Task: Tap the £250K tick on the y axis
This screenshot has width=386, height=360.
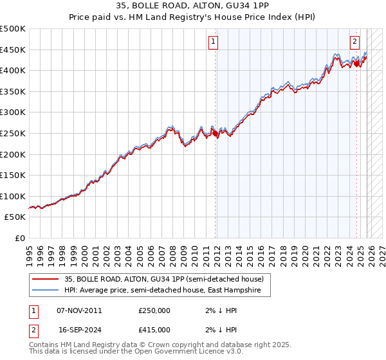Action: pyautogui.click(x=14, y=133)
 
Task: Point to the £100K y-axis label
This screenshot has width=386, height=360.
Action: pyautogui.click(x=14, y=196)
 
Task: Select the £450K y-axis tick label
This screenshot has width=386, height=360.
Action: pyautogui.click(x=14, y=50)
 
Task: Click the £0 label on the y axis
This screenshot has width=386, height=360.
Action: pyautogui.click(x=21, y=238)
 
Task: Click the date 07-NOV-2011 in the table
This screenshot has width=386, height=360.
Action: pyautogui.click(x=79, y=310)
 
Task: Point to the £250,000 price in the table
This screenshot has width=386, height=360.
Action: pyautogui.click(x=154, y=310)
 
